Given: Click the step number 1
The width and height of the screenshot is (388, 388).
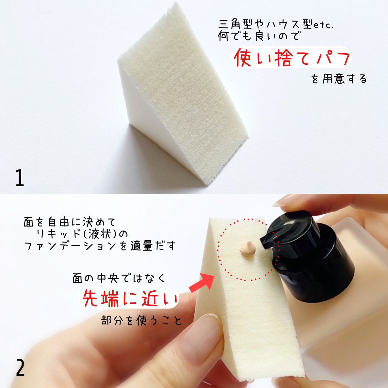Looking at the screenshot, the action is click(x=20, y=178).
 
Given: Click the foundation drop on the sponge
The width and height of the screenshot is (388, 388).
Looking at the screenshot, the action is click(x=248, y=249).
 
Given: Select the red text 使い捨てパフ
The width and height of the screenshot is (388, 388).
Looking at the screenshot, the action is click(x=292, y=58).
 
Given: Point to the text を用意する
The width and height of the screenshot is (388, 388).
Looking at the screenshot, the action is click(x=339, y=79).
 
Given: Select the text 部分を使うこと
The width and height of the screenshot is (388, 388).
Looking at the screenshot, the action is click(x=142, y=320).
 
